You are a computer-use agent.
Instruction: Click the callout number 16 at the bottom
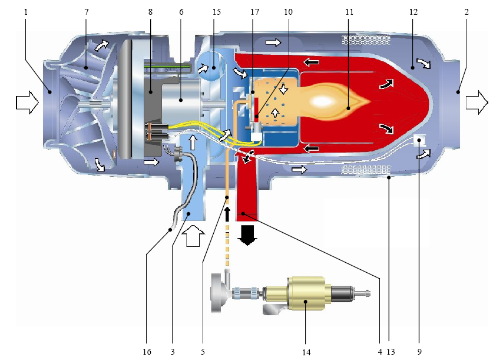tap(147, 352)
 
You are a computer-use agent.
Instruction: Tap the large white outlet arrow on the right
tap(477, 103)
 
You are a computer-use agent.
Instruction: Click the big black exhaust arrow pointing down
tap(247, 233)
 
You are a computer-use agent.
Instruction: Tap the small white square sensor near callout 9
tap(421, 140)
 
